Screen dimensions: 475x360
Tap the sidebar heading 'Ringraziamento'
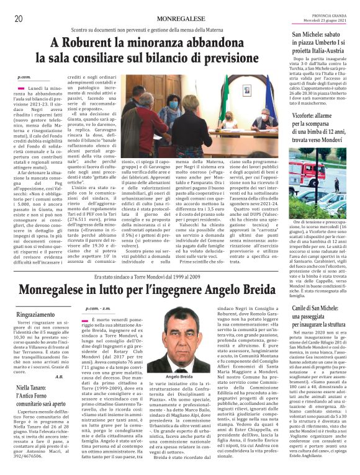click(35, 314)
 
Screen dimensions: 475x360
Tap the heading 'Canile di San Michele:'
click(317, 308)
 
